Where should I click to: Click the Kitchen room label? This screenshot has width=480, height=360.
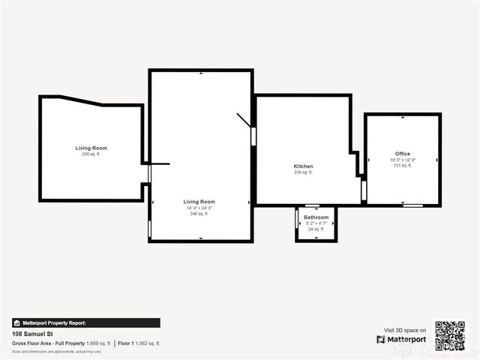point(303,166)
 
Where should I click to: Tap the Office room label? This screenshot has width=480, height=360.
point(403,154)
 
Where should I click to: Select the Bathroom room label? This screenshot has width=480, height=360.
point(316,217)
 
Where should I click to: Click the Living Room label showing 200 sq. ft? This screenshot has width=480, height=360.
point(91,148)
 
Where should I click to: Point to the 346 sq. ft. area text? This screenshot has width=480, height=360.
point(199,214)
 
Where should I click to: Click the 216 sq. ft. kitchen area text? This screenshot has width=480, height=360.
point(303,172)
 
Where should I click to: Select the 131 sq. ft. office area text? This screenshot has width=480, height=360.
point(403,166)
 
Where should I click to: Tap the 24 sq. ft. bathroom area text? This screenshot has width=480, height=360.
point(316,229)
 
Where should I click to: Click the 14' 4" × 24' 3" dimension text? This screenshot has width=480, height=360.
point(199,208)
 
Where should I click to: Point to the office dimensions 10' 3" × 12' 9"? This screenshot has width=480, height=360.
point(403,160)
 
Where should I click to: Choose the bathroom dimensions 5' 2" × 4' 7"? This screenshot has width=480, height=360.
point(316,223)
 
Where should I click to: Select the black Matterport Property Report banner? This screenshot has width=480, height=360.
point(85,323)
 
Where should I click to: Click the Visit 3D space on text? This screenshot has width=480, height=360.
point(405,330)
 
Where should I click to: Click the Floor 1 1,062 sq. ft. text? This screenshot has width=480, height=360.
point(139,343)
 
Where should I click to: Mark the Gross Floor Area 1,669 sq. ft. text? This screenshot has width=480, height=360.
point(61,343)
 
